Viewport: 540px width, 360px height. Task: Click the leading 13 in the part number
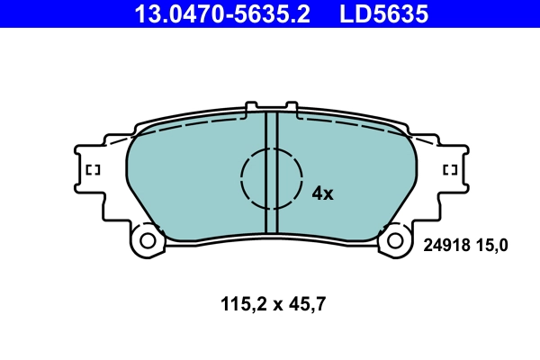144,14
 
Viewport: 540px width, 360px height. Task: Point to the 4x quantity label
322,193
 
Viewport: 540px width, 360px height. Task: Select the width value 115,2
238,304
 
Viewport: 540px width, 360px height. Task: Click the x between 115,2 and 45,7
271,305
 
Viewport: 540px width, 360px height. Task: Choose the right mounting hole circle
393,241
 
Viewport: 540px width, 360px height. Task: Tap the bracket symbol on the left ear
91,169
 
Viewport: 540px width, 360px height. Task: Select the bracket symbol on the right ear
450,169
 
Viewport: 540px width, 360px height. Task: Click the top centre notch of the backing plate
271,109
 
